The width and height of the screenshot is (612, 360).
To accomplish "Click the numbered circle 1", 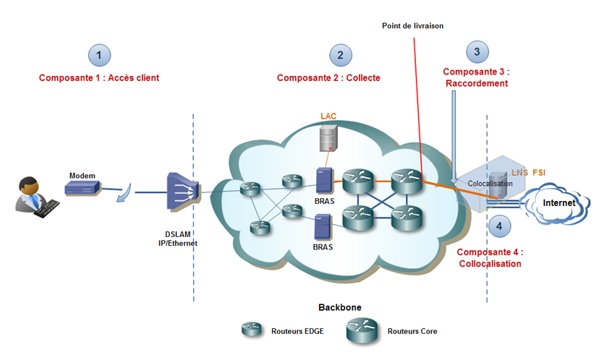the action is click(x=100, y=56).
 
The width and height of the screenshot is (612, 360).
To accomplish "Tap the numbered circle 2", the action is click(x=341, y=56).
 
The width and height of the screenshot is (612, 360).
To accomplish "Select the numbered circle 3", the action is click(x=477, y=52).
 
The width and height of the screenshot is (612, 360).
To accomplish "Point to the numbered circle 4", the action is click(x=499, y=226).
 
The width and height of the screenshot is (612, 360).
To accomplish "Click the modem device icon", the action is click(x=82, y=189).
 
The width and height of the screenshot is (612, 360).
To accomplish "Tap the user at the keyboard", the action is click(x=37, y=197).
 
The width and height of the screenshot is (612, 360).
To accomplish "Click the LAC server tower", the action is click(x=328, y=138).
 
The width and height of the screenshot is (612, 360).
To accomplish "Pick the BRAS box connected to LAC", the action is click(x=324, y=180).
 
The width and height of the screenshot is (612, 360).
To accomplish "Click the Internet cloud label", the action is click(x=559, y=203).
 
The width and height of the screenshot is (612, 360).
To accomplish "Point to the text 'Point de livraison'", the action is click(x=412, y=26).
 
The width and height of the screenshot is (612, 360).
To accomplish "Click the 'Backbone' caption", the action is click(x=340, y=307).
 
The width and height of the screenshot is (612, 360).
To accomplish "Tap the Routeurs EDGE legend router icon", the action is click(x=252, y=329).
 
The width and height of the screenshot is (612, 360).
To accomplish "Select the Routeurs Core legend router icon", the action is click(x=362, y=331).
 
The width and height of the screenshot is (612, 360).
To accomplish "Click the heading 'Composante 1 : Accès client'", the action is click(x=99, y=78).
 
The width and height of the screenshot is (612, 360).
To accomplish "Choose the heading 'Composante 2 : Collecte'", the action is click(x=328, y=78).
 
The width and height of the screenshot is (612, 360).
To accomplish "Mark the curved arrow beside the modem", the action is click(x=125, y=194).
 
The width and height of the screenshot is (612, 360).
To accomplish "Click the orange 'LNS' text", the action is click(x=520, y=172).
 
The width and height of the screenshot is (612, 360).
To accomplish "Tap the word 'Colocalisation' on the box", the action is click(x=490, y=184).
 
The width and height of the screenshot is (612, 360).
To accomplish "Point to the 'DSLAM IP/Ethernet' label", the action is click(x=178, y=239).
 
